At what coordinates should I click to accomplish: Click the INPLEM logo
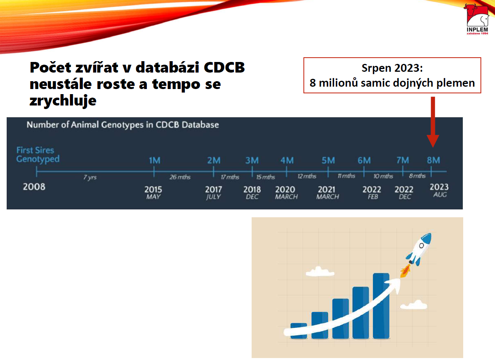477,20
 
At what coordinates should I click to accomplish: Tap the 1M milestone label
154,160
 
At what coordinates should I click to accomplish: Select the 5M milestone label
328,160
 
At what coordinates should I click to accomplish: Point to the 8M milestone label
433,160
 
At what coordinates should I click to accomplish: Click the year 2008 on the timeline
34,187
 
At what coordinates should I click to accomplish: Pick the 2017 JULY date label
213,193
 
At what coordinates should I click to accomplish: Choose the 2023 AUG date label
439,190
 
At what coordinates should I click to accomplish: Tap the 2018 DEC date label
252,193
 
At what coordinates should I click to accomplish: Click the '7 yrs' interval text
90,177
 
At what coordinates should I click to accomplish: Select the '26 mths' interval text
180,177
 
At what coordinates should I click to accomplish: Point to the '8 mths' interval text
417,176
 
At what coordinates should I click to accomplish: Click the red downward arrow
433,122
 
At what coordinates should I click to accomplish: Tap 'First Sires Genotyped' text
38,155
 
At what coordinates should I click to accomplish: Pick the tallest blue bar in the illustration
381,306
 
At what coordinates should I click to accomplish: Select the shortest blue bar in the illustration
299,331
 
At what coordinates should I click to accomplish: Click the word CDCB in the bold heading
224,67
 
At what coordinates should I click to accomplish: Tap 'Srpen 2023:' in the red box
392,68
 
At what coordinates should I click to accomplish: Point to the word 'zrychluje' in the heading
63,101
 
